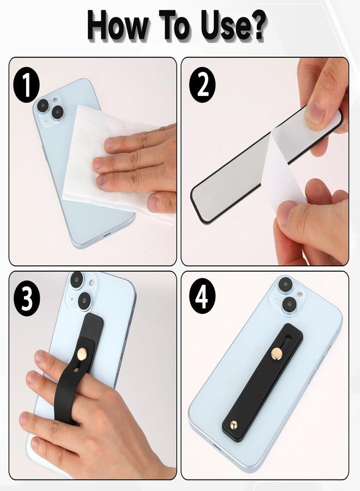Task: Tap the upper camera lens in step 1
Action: [43, 105]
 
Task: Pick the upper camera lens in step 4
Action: [285, 285]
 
